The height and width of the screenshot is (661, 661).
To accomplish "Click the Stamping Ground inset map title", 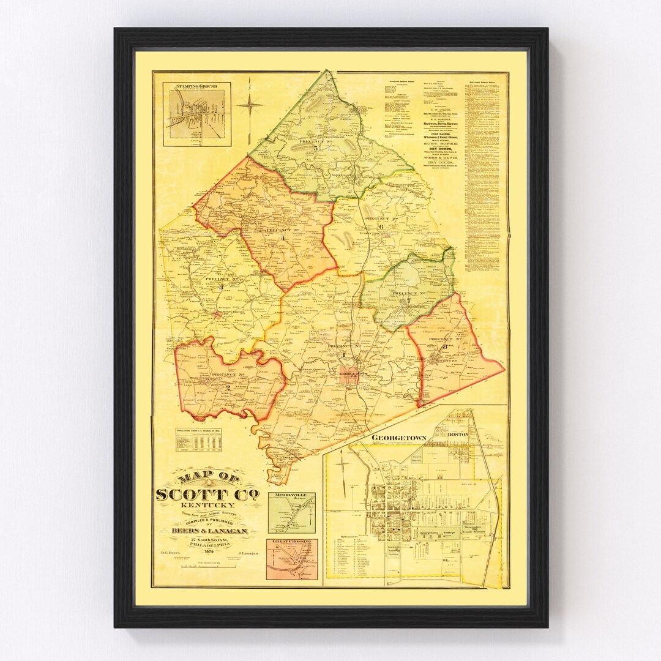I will point(196,87).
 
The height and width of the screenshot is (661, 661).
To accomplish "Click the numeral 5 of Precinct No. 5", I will point(316,148).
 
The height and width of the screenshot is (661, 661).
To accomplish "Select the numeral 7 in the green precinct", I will point(408,301).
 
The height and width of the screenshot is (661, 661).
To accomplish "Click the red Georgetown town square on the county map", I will point(349,380).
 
